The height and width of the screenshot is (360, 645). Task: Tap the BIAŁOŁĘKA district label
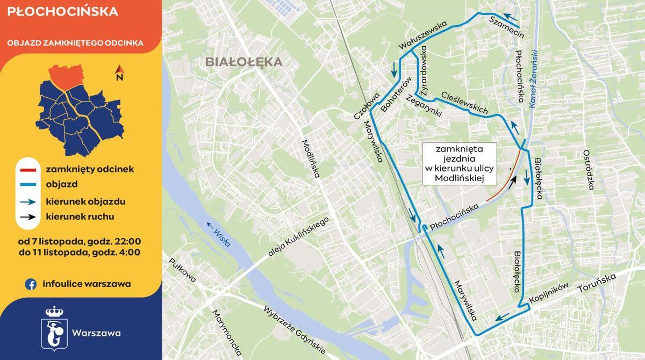[243, 62]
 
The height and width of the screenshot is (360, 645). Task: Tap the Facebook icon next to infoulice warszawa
[31, 284]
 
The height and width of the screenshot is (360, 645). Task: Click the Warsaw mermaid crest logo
[54, 327]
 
